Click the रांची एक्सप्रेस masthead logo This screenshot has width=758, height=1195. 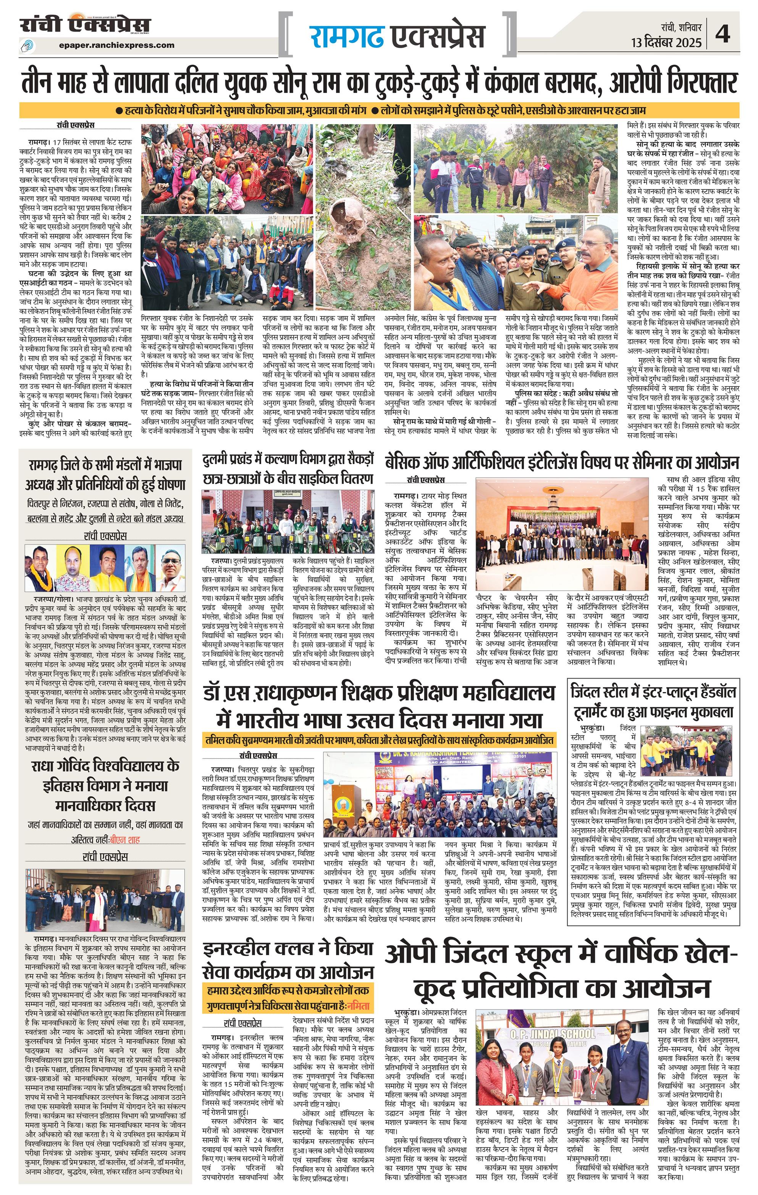click(x=85, y=25)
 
